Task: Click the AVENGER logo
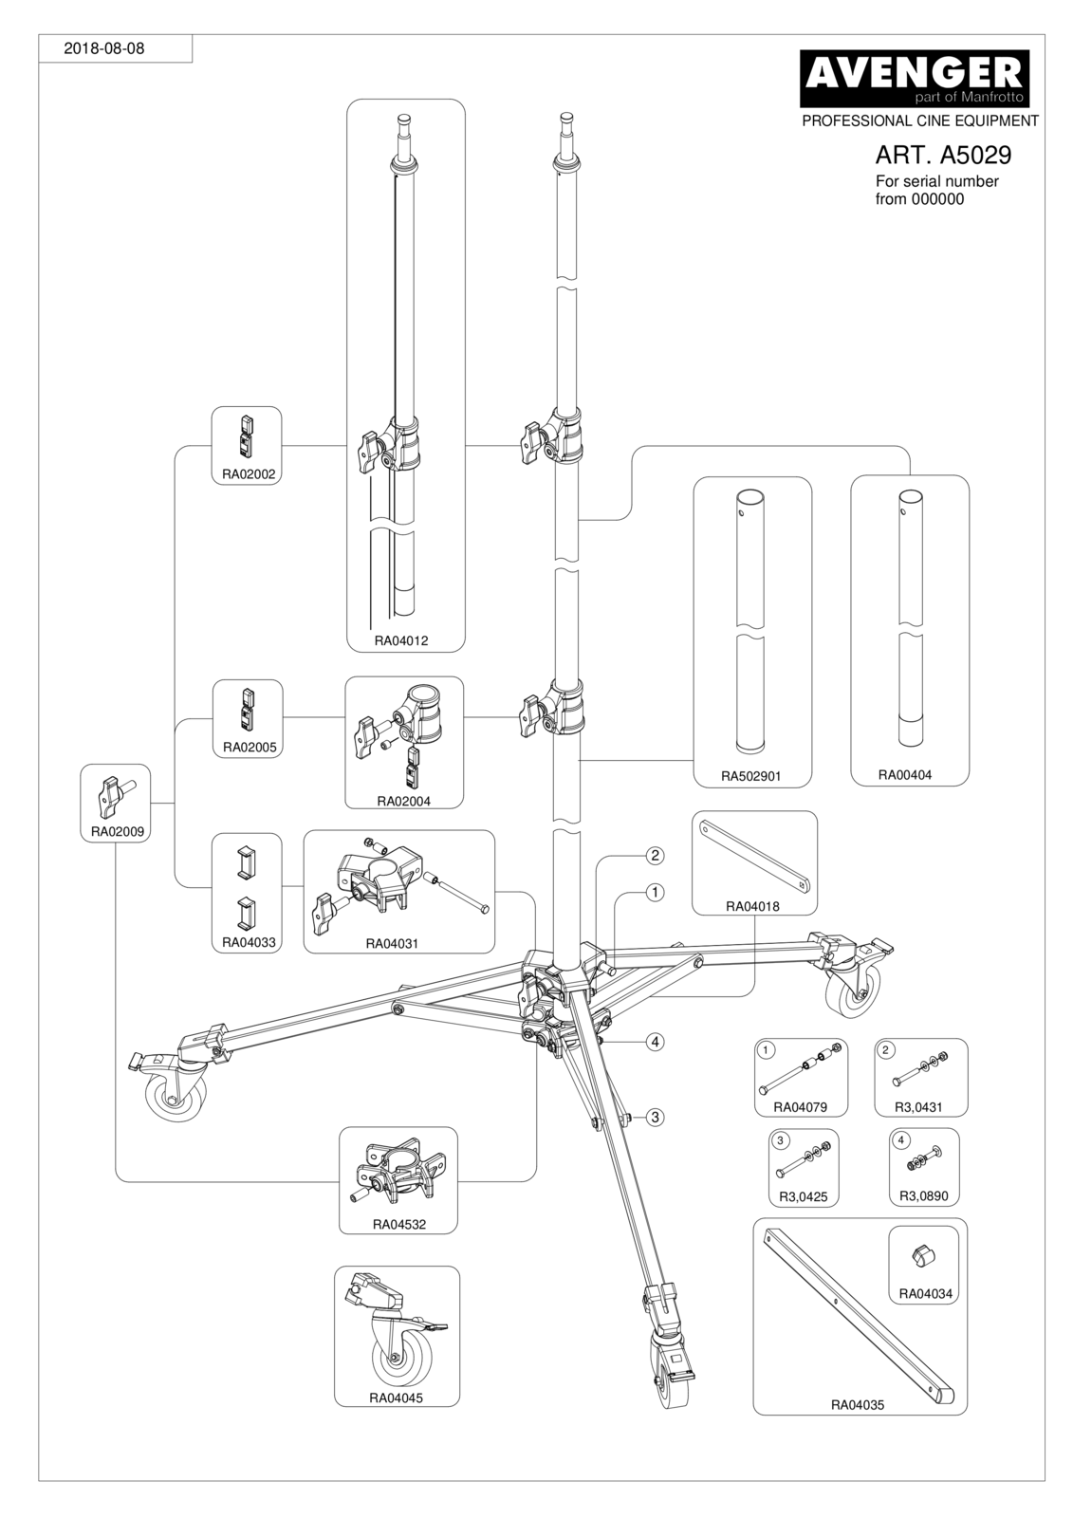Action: (x=915, y=79)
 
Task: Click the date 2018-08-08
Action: (x=103, y=48)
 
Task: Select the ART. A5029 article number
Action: (x=943, y=156)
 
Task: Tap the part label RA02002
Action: (x=249, y=474)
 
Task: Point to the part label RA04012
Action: (x=401, y=640)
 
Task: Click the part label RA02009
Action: (x=118, y=831)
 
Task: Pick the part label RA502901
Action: (x=751, y=776)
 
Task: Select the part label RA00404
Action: (x=905, y=774)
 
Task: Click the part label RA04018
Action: (x=752, y=906)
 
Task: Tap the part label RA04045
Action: (x=396, y=1398)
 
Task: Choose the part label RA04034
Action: (x=925, y=1294)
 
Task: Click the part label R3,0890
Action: (x=924, y=1196)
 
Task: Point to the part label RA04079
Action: (x=801, y=1107)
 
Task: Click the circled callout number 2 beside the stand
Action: (x=655, y=856)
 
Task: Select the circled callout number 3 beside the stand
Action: (x=655, y=1117)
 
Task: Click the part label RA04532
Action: (x=399, y=1225)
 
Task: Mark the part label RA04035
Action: (x=858, y=1405)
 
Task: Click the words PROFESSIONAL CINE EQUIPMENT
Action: (x=920, y=121)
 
